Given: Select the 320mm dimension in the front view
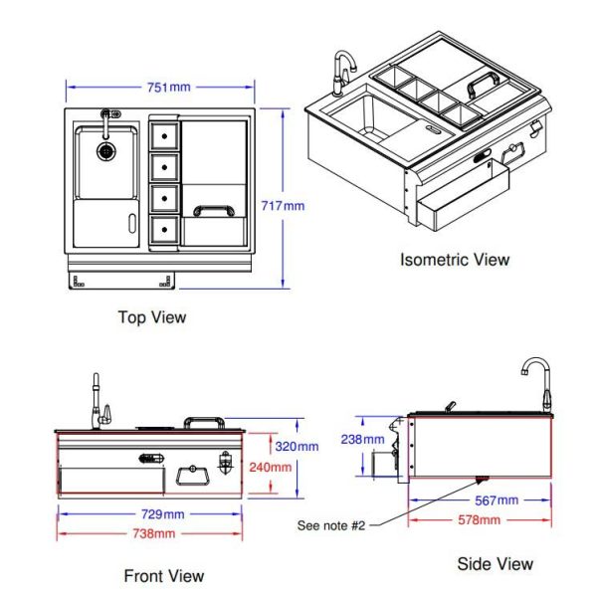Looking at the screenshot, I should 297,446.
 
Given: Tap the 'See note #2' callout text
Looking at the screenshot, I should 331,524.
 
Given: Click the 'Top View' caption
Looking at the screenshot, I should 152,317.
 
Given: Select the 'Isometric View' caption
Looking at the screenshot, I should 454,260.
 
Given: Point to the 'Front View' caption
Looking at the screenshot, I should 164,575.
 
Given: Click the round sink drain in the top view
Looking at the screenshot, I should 105,151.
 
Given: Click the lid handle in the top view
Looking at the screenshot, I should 214,210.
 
